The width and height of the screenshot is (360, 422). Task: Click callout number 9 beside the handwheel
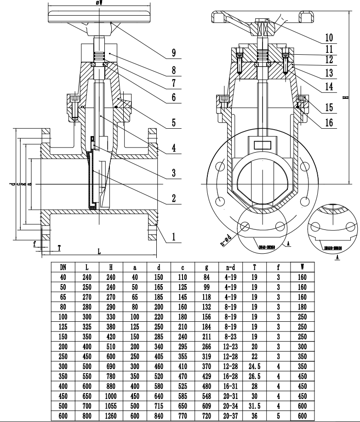click(x=174, y=53)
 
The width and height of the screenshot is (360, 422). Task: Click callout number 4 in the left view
click(x=174, y=148)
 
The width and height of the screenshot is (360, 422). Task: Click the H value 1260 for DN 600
click(x=111, y=416)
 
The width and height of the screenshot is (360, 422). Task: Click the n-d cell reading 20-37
click(x=230, y=416)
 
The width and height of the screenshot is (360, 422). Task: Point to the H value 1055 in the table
click(x=111, y=406)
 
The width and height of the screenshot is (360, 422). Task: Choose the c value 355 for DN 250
click(x=183, y=357)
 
